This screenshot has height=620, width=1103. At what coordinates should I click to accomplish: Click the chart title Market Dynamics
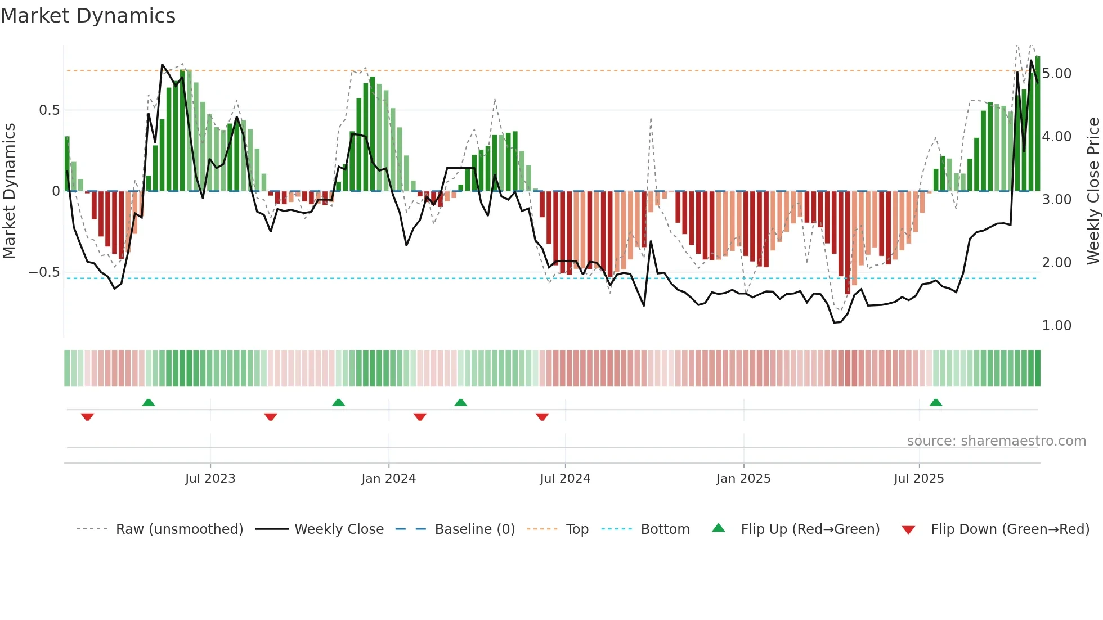click(88, 16)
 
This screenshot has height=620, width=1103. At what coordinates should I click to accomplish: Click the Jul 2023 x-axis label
click(210, 479)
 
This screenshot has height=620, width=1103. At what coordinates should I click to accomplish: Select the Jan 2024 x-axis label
click(388, 479)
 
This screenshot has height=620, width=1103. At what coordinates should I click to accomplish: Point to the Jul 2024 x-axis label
click(565, 479)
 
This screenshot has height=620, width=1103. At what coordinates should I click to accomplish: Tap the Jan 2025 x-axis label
click(743, 479)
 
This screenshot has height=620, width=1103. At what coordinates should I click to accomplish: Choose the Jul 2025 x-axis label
click(919, 479)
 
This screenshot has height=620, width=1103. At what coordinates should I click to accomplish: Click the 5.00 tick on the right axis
click(1056, 74)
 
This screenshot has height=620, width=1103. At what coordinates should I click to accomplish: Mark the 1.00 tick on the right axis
click(1056, 326)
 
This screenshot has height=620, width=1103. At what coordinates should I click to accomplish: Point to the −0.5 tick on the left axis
click(44, 272)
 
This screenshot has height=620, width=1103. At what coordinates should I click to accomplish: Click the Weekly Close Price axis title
click(1093, 191)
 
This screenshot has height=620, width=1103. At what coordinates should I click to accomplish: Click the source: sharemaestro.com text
click(996, 441)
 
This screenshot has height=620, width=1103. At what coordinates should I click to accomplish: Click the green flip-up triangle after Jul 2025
click(936, 402)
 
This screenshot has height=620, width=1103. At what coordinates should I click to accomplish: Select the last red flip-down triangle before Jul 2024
click(542, 417)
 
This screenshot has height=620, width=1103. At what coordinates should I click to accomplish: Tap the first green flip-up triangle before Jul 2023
click(149, 402)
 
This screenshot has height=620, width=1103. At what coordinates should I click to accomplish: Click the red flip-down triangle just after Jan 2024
click(420, 417)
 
